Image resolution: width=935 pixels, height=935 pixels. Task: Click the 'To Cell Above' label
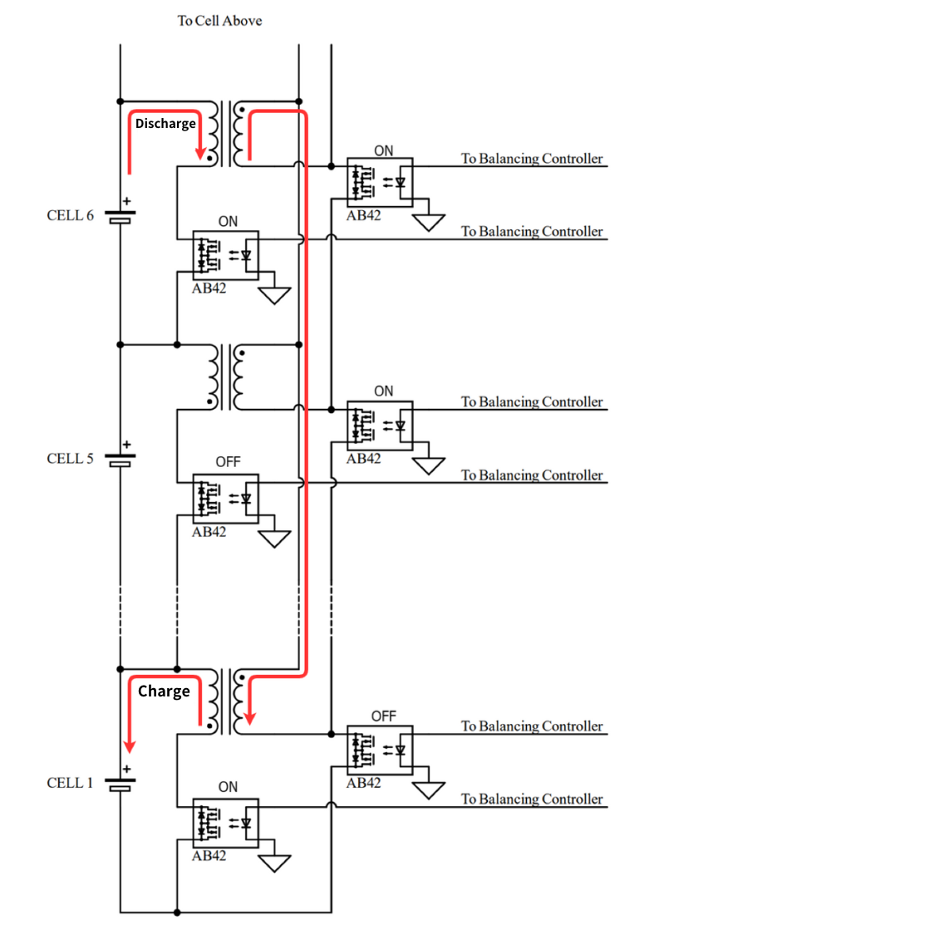click(219, 21)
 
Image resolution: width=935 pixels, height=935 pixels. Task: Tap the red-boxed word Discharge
click(165, 124)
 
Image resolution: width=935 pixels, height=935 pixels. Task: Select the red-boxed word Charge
click(164, 691)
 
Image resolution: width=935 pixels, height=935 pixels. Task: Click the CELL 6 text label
click(70, 215)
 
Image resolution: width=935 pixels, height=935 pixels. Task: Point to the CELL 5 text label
click(70, 459)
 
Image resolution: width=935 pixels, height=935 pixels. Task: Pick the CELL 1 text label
click(70, 783)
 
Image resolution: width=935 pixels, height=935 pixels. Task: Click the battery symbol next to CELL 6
click(121, 217)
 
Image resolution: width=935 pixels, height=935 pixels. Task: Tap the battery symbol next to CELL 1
click(121, 784)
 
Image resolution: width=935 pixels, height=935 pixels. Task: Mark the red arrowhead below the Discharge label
click(199, 153)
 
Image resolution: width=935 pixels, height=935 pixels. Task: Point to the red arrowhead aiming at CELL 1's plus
click(130, 746)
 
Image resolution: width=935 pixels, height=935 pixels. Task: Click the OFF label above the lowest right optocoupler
click(383, 716)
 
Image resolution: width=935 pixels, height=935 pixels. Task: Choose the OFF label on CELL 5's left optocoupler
click(228, 462)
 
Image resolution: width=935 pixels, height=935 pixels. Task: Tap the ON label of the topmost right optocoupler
click(383, 151)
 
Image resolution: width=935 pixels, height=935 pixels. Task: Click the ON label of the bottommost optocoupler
click(228, 787)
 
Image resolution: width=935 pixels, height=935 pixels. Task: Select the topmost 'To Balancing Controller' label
click(532, 158)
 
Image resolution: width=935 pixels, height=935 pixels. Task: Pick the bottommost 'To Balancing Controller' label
click(532, 799)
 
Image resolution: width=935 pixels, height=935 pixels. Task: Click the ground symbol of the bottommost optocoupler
click(274, 864)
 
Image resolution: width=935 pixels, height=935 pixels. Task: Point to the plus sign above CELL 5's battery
click(127, 445)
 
